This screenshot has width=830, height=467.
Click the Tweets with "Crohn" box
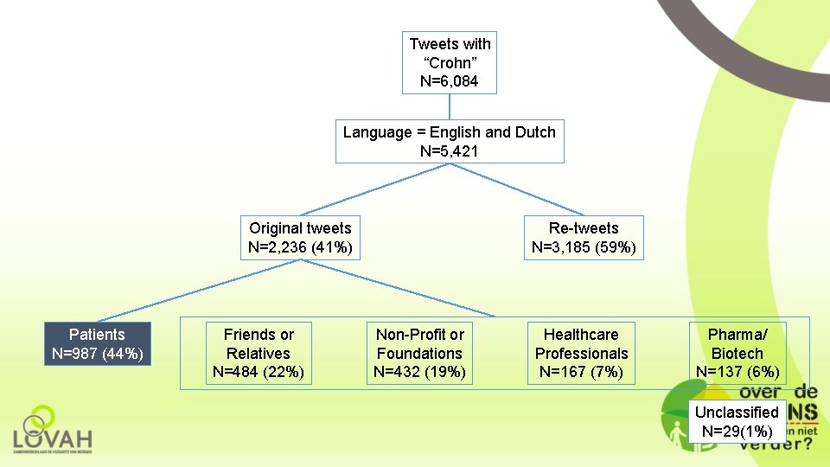click(x=450, y=62)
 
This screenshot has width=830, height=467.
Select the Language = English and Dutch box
click(x=450, y=141)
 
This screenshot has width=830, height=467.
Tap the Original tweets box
click(x=300, y=238)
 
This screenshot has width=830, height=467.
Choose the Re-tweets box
click(x=584, y=238)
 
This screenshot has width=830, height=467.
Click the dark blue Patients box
click(x=98, y=343)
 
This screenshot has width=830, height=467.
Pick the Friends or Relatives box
click(x=259, y=353)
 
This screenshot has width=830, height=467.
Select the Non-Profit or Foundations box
click(x=419, y=353)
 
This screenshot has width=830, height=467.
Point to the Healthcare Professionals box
click(x=581, y=353)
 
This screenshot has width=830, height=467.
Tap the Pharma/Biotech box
click(x=737, y=353)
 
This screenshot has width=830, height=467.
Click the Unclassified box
click(x=737, y=421)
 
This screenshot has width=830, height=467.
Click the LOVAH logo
click(x=53, y=430)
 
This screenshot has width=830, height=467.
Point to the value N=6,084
click(x=450, y=81)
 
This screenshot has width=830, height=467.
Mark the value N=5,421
click(x=450, y=151)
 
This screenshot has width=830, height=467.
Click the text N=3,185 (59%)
click(x=584, y=247)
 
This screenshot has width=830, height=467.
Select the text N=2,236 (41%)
click(x=300, y=247)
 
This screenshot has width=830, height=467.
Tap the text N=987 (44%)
click(x=98, y=353)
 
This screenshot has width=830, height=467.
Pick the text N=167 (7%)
click(x=581, y=372)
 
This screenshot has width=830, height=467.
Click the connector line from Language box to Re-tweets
click(x=519, y=189)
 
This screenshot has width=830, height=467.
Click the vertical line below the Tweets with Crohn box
click(x=450, y=106)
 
